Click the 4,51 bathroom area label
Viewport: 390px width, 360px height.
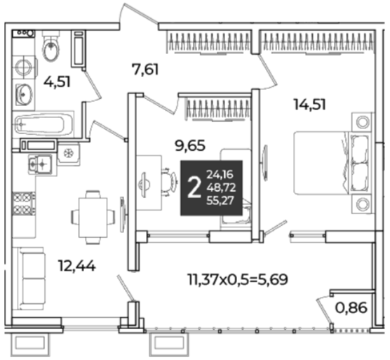pyautogui.click(x=57, y=81)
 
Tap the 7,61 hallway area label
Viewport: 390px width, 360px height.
pyautogui.click(x=145, y=69)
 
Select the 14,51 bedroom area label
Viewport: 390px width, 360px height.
pyautogui.click(x=309, y=105)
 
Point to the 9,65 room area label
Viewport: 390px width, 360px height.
pyautogui.click(x=190, y=145)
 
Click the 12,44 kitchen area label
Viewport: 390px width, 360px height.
pyautogui.click(x=76, y=266)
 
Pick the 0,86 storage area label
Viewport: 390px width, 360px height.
pyautogui.click(x=351, y=308)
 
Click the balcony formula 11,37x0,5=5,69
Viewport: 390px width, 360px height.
pyautogui.click(x=238, y=279)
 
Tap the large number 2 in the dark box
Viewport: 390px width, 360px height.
pyautogui.click(x=194, y=188)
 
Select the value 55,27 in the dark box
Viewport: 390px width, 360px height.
pyautogui.click(x=220, y=201)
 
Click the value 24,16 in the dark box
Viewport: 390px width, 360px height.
pyautogui.click(x=220, y=175)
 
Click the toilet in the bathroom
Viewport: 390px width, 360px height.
pyautogui.click(x=51, y=46)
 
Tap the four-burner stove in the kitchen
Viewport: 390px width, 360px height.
pyautogui.click(x=24, y=204)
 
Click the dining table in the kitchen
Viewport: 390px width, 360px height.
pyautogui.click(x=93, y=217)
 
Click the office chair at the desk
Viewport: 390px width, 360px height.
pyautogui.click(x=170, y=182)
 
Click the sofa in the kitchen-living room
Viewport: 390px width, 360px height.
pyautogui.click(x=29, y=279)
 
